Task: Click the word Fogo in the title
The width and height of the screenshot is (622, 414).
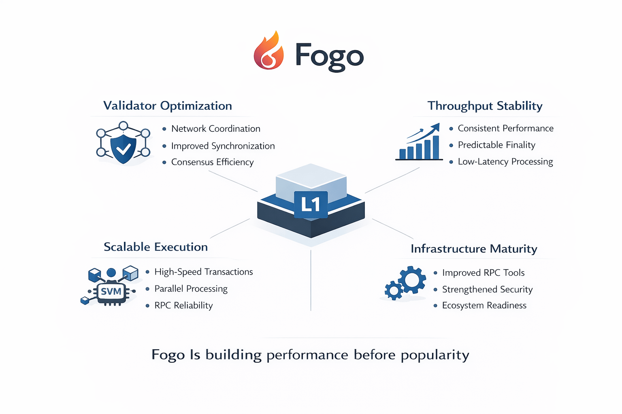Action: coord(329,56)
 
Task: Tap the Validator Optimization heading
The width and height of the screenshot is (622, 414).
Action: coord(168,106)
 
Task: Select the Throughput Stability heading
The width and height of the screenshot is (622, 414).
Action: coord(485,106)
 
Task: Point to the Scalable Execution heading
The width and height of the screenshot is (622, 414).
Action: coord(155,247)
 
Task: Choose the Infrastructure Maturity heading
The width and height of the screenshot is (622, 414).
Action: coord(474,249)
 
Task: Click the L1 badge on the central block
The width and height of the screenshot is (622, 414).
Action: coord(311,204)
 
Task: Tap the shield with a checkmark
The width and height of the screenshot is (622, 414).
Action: coord(124,148)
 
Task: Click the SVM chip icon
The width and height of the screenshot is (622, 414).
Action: coord(111,291)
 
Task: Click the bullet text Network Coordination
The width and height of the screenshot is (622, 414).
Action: coord(216,129)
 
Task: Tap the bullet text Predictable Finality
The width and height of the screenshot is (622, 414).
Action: coord(496,145)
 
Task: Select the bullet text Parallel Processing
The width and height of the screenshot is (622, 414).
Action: coord(191,289)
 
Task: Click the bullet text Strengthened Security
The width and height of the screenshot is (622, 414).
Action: coord(487,289)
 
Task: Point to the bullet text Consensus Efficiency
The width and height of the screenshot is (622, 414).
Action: coord(212,162)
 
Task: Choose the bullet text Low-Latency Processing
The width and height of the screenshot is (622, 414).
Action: coord(505,162)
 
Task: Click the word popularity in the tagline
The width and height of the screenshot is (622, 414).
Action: coord(435,355)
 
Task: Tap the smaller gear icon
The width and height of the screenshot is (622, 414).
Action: coord(394,290)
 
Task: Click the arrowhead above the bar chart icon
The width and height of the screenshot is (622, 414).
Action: coord(436,127)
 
